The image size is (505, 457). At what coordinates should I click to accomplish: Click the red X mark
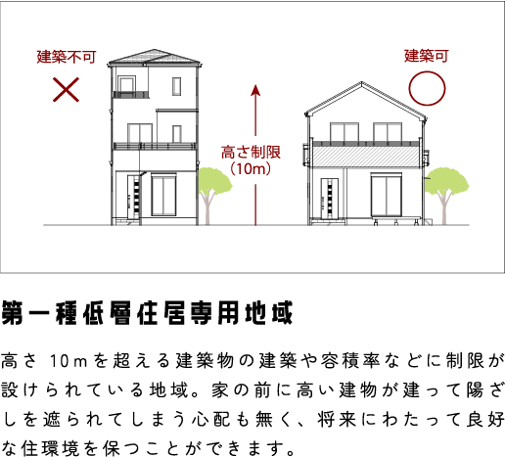coord(66,89)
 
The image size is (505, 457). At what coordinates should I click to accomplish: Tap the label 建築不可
coord(67,57)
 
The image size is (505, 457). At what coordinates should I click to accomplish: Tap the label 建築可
coord(427,56)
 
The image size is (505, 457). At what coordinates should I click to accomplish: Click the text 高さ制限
coord(251,153)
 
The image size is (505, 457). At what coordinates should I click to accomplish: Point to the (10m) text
coord(251,168)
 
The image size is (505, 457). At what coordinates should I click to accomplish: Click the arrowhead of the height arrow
coord(255,90)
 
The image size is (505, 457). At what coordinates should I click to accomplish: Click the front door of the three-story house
coord(134,198)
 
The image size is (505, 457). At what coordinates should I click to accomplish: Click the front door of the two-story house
coord(330,198)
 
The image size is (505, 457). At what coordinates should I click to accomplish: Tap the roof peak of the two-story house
coord(361,83)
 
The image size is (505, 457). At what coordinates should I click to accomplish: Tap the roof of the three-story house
coord(154,56)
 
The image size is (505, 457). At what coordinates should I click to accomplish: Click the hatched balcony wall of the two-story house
coord(366,157)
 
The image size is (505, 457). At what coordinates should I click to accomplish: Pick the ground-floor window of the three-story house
coord(163,195)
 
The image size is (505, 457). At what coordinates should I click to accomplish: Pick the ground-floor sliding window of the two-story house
coord(387,195)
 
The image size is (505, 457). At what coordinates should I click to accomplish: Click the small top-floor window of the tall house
coord(177,86)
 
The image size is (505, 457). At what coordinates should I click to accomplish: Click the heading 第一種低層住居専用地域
coord(148,313)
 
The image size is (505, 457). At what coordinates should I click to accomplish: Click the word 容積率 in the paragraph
coord(349,361)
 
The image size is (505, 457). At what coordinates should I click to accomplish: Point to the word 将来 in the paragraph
coord(337,419)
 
